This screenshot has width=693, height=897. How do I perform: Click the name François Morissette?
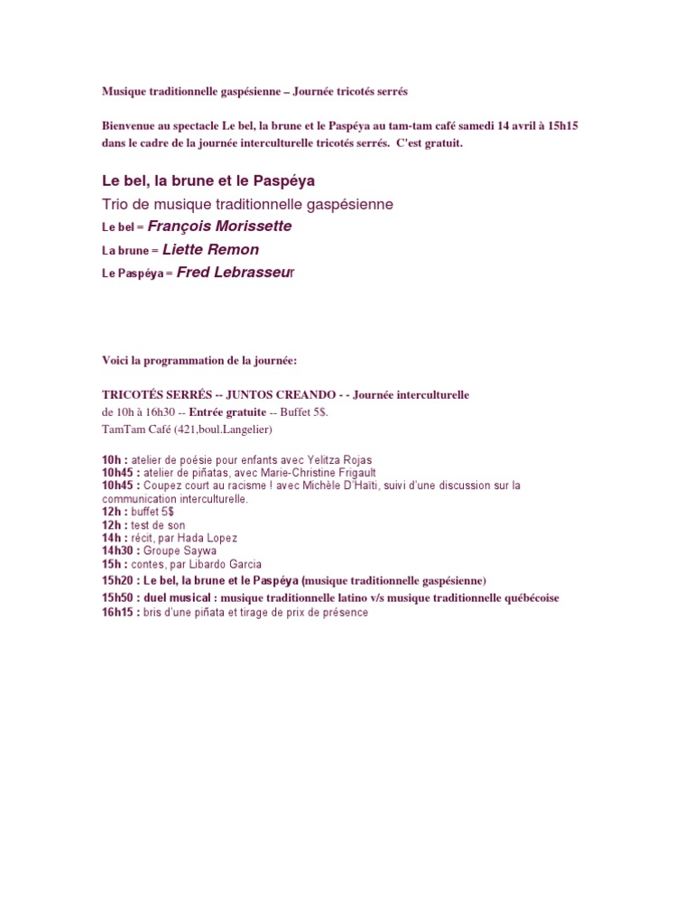pos(219,227)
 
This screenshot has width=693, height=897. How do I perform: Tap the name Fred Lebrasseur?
pos(236,272)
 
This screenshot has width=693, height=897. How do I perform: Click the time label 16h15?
pos(118,613)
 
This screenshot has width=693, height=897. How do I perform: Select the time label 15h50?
pos(118,597)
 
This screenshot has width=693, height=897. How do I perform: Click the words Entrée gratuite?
pos(227,412)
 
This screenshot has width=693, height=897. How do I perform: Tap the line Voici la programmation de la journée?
pos(199,361)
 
